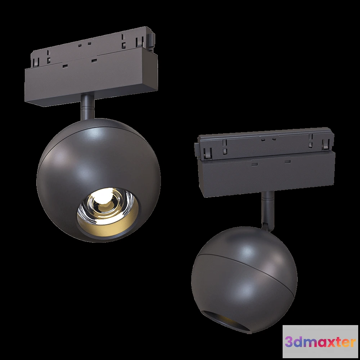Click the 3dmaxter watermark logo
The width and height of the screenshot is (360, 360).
click(320, 342)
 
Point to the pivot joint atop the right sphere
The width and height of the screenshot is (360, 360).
click(266, 225)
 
